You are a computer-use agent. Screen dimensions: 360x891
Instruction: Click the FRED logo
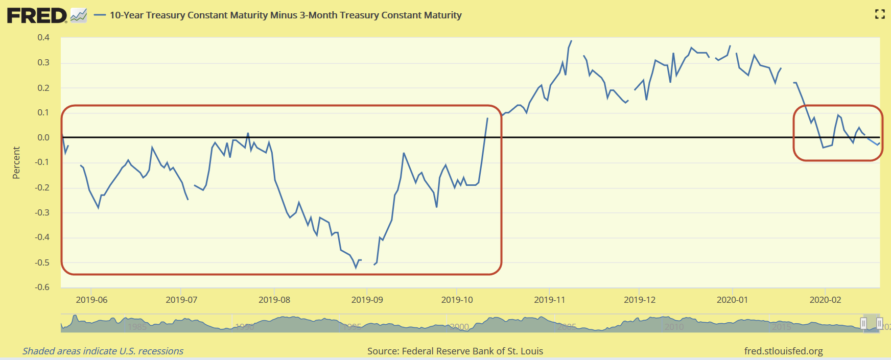click(37, 15)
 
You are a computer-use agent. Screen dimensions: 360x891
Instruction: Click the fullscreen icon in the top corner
click(880, 14)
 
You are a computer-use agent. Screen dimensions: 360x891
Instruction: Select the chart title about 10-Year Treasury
click(286, 15)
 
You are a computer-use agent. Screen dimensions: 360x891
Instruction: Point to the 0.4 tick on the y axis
click(43, 37)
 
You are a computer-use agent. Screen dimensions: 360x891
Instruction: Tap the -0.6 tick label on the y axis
click(42, 287)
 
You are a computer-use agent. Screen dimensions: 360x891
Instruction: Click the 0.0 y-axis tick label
click(43, 137)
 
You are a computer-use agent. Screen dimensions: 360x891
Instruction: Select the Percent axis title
click(16, 162)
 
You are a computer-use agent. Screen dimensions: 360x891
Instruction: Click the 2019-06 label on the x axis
click(91, 300)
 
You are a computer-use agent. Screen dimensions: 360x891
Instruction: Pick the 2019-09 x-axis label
click(367, 300)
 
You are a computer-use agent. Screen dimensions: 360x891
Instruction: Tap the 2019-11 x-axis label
click(550, 300)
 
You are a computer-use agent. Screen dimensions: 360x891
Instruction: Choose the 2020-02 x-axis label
click(825, 300)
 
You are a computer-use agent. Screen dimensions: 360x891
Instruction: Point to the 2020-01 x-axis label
click(732, 300)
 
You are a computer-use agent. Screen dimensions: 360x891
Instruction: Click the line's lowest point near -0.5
click(356, 268)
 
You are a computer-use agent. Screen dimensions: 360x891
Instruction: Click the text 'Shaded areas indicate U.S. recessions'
click(103, 351)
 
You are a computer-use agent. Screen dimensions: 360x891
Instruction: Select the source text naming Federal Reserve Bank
click(455, 351)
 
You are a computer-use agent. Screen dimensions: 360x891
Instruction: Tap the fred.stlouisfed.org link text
click(783, 351)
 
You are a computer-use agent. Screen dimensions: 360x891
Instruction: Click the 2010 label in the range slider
click(674, 327)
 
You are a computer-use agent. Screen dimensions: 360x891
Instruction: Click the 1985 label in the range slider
click(137, 327)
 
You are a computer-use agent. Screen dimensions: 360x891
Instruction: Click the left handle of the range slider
click(863, 324)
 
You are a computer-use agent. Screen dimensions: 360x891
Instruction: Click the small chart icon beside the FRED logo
click(79, 15)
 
